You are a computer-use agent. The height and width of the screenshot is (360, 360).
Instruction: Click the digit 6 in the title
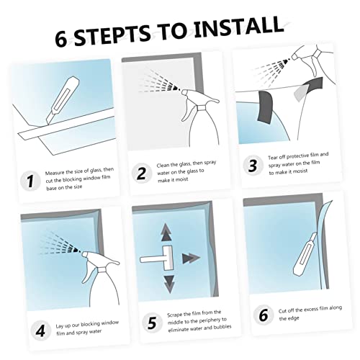tap(61, 39)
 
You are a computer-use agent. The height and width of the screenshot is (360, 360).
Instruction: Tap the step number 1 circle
tap(30, 181)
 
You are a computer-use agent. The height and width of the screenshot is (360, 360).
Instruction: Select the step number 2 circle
tap(142, 174)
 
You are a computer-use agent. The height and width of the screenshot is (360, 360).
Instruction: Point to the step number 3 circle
tap(253, 166)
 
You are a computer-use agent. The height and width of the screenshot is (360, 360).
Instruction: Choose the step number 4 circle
tap(41, 330)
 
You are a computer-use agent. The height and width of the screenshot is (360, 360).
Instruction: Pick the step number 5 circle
tap(152, 323)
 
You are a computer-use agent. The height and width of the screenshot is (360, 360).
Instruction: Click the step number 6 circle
tap(264, 315)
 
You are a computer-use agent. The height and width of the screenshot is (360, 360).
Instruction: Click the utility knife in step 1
tap(63, 99)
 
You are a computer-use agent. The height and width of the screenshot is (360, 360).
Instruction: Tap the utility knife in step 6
tap(305, 252)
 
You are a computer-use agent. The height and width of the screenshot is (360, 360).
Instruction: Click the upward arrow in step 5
tap(166, 232)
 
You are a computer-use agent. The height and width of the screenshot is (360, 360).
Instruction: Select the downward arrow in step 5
tap(169, 284)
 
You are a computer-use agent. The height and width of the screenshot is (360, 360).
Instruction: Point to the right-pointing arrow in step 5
tap(191, 258)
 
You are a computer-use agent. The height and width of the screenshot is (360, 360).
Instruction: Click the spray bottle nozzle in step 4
tap(85, 254)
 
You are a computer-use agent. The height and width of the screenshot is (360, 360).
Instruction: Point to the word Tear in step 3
tap(273, 158)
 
